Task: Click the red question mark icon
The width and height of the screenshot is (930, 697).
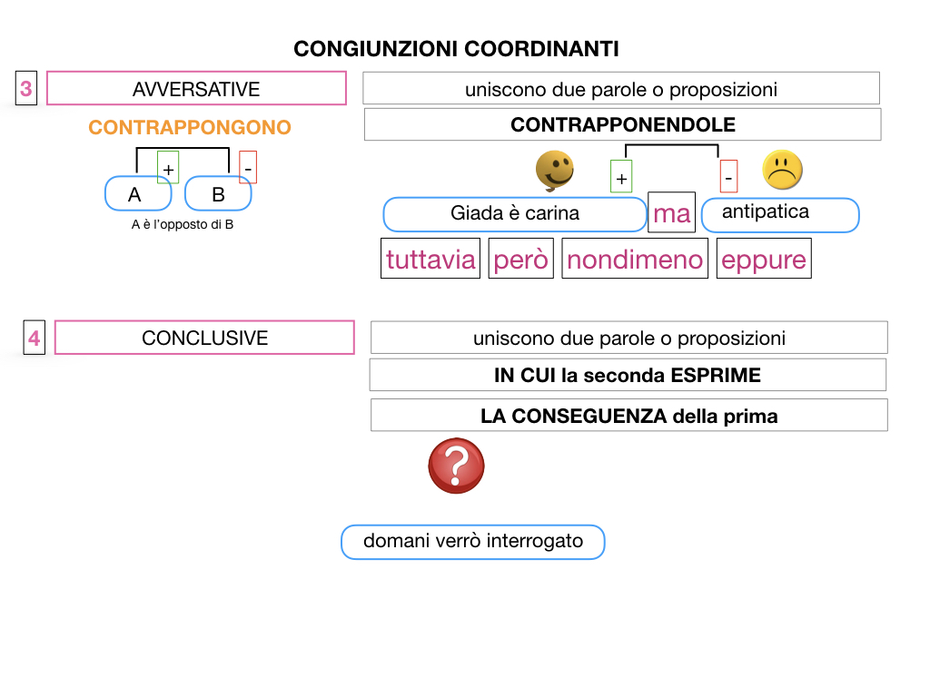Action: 456,466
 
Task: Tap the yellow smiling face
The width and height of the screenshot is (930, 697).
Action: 554,171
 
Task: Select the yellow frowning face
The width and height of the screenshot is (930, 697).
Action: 783,170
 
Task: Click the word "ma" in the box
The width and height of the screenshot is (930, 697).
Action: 672,214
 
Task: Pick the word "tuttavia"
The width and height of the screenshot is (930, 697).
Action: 430,260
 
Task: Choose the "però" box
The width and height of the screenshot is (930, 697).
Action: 521,260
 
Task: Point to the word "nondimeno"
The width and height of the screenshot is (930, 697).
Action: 635,260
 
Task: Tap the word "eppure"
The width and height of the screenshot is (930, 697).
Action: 764,260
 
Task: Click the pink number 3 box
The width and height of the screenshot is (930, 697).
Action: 26,89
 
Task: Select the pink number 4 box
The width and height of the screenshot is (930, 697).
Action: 34,339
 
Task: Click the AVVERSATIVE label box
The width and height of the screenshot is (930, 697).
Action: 196,89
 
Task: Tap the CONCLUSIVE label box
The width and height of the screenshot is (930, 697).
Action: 204,338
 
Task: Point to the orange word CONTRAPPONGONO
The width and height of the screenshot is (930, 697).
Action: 190,127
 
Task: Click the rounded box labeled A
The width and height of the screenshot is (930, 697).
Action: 136,194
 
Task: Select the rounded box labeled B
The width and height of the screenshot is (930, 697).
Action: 218,194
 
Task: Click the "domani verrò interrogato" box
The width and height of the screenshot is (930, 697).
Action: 473,542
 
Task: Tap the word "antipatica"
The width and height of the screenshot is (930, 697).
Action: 766,212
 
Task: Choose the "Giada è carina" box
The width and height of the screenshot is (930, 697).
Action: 515,214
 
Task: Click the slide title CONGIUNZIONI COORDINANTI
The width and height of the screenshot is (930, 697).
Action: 456,49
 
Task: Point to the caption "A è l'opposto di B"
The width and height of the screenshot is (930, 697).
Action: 183,224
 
